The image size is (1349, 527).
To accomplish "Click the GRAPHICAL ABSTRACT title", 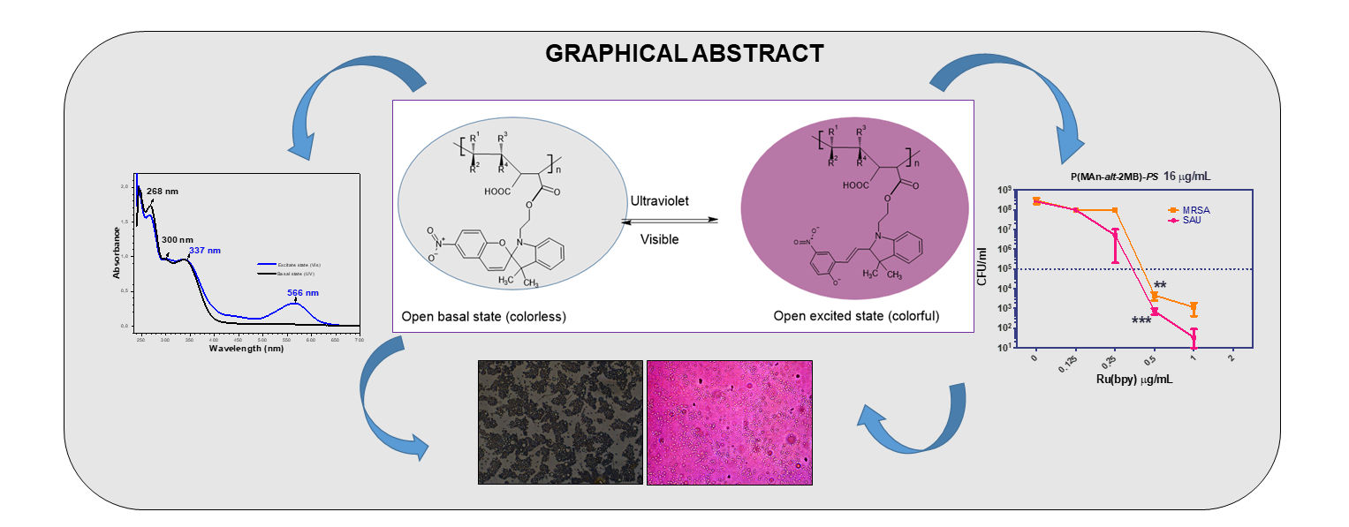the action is (x=684, y=54).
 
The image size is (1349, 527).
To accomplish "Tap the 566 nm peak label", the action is (x=304, y=292).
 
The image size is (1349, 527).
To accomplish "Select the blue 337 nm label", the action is (x=206, y=251).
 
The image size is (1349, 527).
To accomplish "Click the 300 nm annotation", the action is (x=176, y=239).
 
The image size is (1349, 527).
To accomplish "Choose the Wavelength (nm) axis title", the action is (x=246, y=349).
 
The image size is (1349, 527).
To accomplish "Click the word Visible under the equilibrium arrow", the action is (x=660, y=238).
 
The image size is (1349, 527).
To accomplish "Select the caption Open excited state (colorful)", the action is (x=856, y=316).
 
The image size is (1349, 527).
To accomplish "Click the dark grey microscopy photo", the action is (x=560, y=422).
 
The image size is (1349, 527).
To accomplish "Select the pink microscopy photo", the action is (x=730, y=422).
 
